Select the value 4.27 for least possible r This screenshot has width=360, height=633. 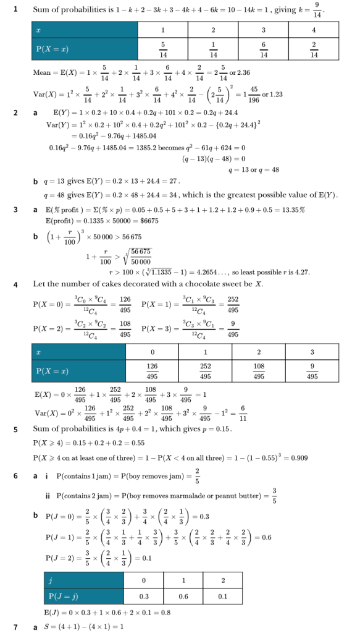303,272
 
